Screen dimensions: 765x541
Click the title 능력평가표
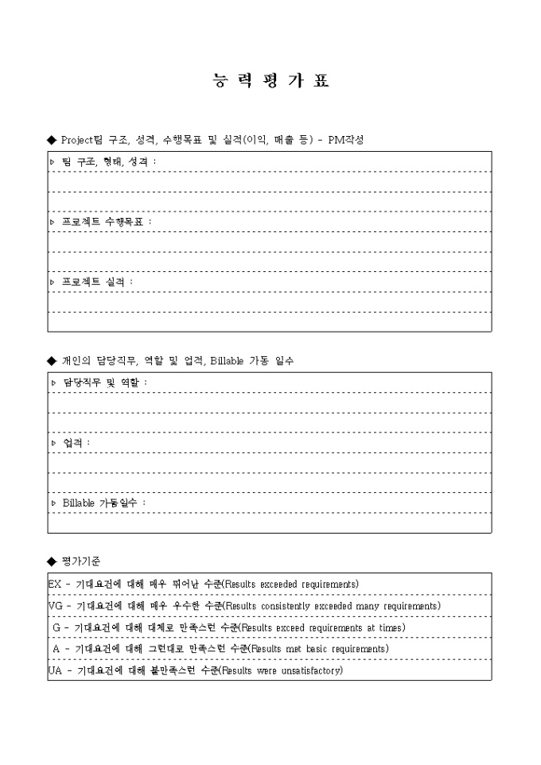270,80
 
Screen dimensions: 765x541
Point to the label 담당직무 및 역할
104,382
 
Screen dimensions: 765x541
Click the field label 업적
76,443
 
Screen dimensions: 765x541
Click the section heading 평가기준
80,561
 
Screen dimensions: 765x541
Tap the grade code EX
54,584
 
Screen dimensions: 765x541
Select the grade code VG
55,606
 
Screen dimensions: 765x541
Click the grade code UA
55,670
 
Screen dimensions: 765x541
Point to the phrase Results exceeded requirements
290,584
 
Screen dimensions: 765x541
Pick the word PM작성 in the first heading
351,139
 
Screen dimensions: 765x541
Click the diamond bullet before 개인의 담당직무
53,360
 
